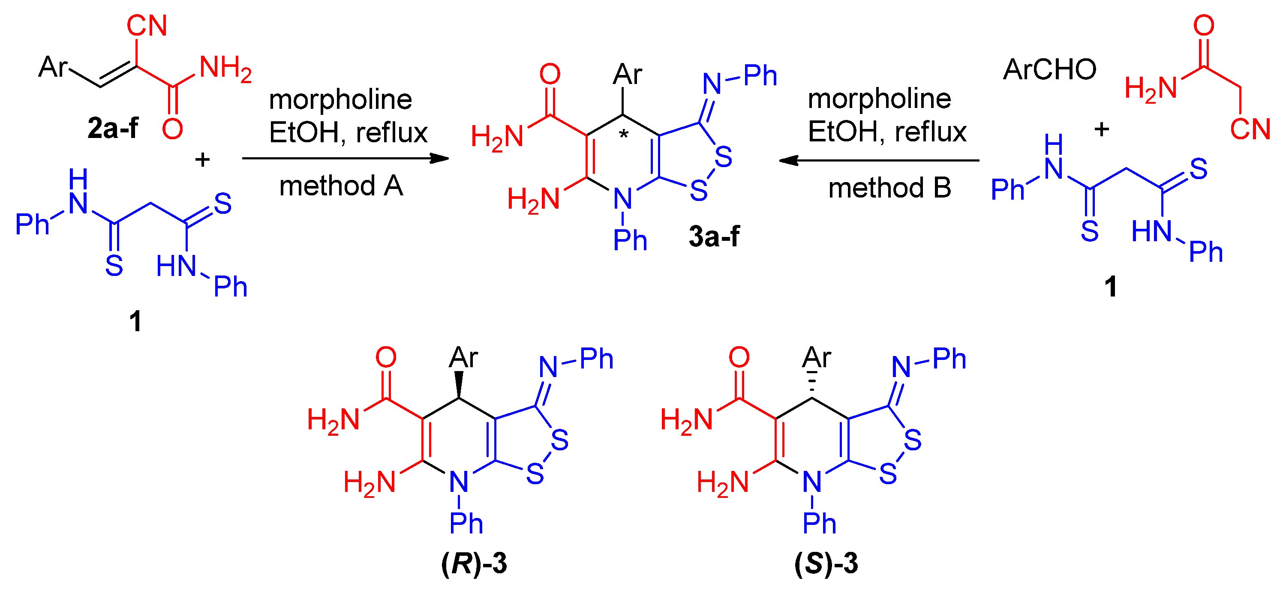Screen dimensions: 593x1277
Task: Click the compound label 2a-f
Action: (113, 128)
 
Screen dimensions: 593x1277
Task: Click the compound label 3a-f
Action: (714, 237)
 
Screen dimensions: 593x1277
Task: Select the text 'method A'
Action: (341, 186)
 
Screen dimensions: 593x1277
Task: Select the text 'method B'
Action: (889, 188)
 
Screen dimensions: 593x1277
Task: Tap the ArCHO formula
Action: (1049, 69)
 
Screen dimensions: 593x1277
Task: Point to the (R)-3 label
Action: (474, 564)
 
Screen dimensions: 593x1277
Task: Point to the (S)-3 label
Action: (826, 564)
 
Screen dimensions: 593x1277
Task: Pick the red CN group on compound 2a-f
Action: (147, 26)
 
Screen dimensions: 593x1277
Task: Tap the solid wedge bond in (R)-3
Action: (459, 384)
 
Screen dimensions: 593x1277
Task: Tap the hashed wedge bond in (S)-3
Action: (812, 384)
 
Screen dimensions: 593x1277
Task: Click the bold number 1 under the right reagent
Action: (1110, 286)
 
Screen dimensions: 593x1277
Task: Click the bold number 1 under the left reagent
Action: (135, 321)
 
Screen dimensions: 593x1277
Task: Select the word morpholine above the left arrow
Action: (340, 99)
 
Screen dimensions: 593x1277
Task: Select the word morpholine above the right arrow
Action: (880, 99)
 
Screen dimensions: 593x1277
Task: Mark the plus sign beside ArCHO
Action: (1102, 130)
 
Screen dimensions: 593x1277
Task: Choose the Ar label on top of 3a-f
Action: (627, 75)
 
